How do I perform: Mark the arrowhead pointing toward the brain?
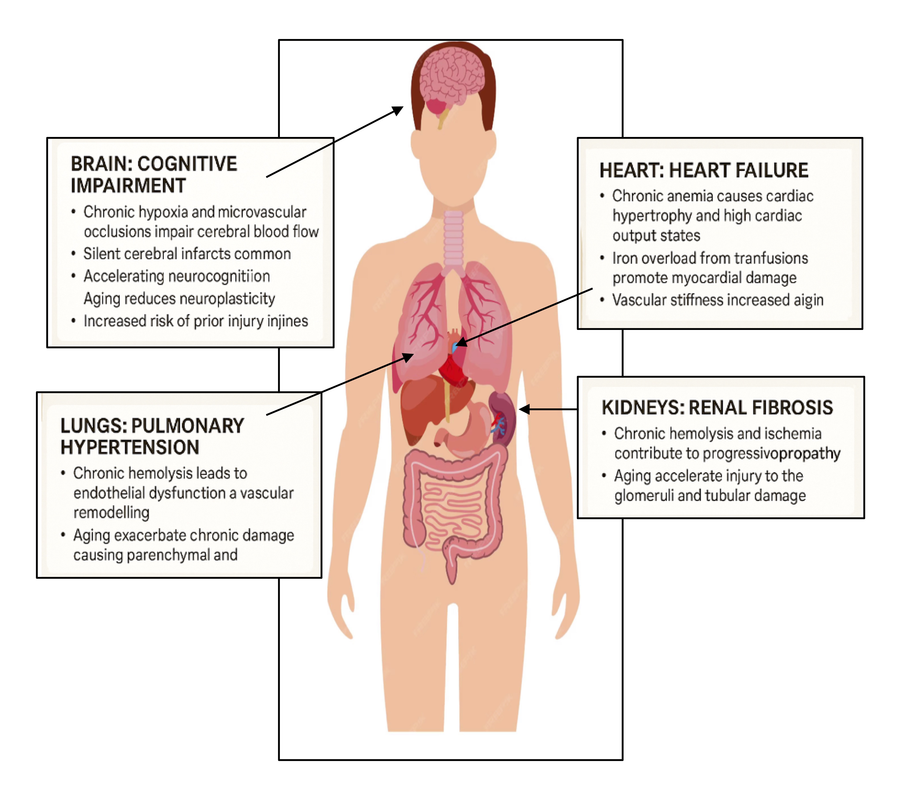click(398, 110)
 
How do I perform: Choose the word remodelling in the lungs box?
click(111, 512)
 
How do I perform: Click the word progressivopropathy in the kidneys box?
click(771, 453)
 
